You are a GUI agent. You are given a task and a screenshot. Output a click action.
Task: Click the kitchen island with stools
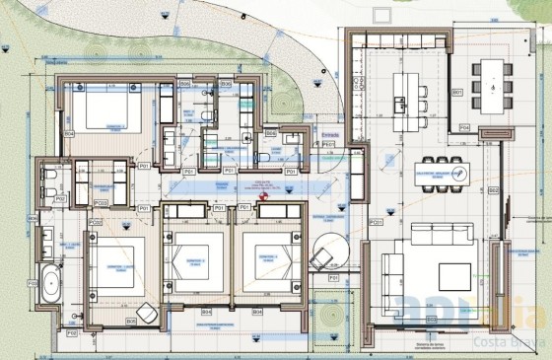[x=407, y=91]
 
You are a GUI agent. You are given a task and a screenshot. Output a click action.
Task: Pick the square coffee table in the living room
[x=456, y=273]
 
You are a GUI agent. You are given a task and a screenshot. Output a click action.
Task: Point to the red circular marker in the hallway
[x=263, y=196]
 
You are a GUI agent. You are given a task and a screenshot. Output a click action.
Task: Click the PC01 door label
[x=375, y=224]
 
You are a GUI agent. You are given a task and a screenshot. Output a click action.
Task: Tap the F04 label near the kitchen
[x=464, y=126]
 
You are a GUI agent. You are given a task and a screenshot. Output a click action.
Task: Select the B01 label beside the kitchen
[x=457, y=92]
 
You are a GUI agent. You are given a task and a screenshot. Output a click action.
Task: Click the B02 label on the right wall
[x=495, y=189]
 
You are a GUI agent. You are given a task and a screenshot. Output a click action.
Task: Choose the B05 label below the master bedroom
[x=131, y=322]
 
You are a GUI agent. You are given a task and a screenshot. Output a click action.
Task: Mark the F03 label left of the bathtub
[x=33, y=283]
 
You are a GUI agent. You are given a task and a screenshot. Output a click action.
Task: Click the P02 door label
[x=60, y=198]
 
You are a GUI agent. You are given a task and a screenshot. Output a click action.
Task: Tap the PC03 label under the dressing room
[x=100, y=204]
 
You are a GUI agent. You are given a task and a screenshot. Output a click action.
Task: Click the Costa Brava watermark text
[x=506, y=344]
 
